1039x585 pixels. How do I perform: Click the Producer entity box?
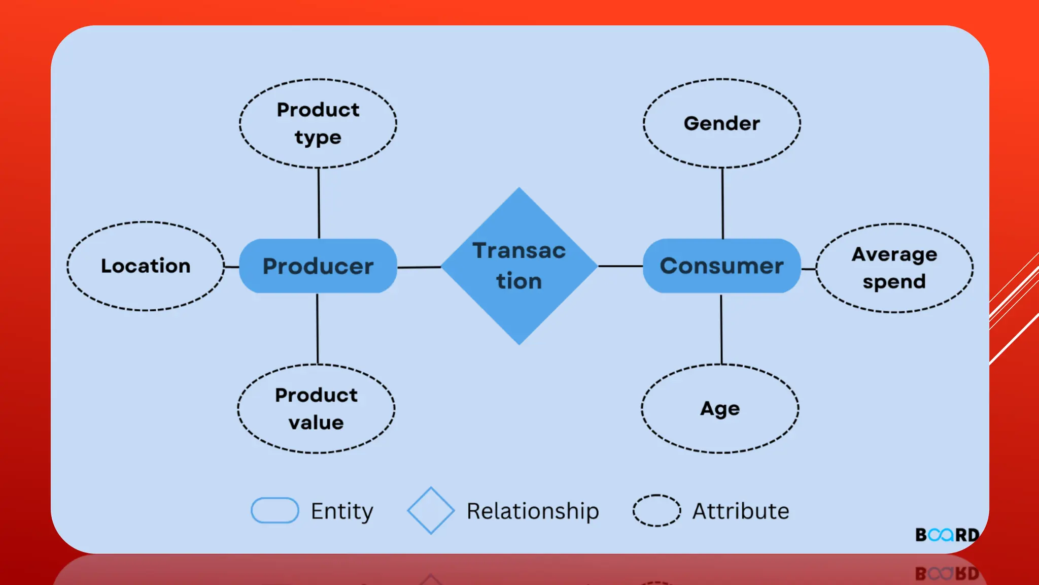point(318,266)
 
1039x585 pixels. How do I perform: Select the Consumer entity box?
point(721,266)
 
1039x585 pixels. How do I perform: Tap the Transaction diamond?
point(519,266)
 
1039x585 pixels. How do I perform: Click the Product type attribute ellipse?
point(318,123)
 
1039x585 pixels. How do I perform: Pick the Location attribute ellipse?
point(146,266)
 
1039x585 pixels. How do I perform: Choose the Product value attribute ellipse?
point(316,409)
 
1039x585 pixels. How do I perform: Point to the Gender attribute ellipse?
point(722,123)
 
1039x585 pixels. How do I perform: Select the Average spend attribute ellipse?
point(894,268)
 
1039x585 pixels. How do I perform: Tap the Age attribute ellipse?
point(720,409)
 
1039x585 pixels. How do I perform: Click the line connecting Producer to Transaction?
point(419,267)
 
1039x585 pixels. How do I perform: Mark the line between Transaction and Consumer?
point(620,266)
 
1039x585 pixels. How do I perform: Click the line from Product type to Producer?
point(319,203)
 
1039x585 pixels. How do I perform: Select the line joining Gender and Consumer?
point(722,203)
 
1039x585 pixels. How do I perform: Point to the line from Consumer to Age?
point(721,329)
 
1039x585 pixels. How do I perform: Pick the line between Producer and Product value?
point(318,329)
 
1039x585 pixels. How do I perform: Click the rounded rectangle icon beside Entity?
point(275,510)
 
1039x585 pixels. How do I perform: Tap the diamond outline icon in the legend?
point(431,511)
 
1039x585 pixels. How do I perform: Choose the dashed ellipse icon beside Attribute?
point(656,510)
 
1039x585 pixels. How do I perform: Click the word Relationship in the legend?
point(533,511)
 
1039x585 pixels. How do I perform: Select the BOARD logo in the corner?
point(947,535)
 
